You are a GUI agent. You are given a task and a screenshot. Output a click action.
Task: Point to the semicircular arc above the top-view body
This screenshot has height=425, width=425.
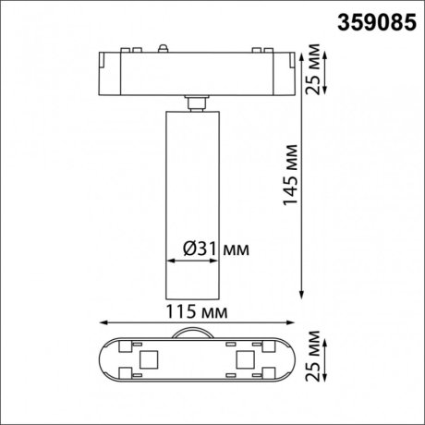[195, 334]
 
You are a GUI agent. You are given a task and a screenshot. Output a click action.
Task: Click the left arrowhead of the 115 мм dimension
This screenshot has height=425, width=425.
[101, 322]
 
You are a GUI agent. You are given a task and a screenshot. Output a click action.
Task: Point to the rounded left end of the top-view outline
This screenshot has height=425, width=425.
[103, 359]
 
